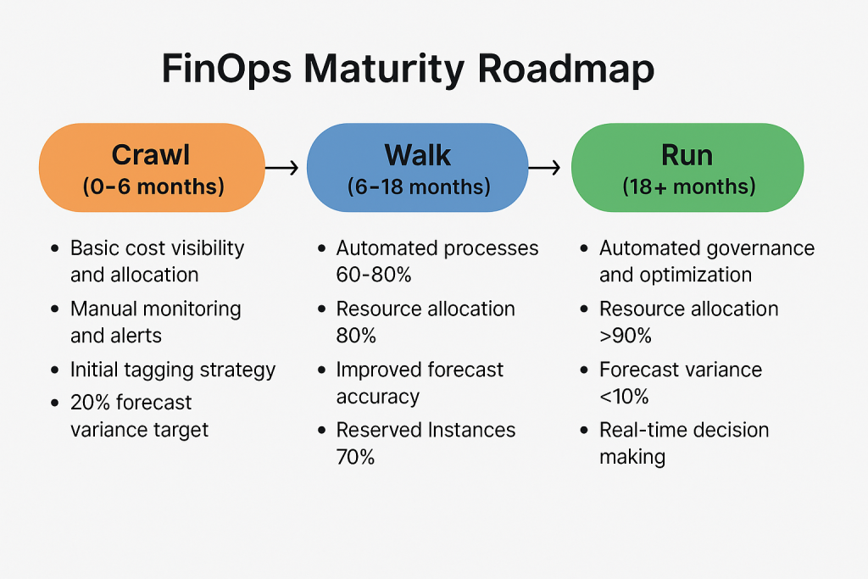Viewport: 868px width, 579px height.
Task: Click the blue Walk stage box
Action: [x=417, y=167]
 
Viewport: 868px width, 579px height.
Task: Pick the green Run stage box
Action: [x=687, y=167]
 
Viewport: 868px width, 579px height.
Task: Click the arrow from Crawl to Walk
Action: [x=281, y=168]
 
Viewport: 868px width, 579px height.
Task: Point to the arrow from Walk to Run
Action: [x=544, y=168]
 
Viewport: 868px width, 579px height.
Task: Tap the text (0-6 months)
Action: [x=153, y=187]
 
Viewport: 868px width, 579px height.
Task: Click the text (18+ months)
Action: [x=688, y=187]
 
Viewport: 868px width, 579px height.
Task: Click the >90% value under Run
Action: [x=626, y=336]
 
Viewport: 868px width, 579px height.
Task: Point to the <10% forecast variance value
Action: [x=626, y=396]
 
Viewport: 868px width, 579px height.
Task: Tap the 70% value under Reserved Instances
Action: [x=356, y=457]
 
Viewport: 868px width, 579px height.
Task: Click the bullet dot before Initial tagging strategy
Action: [x=55, y=370]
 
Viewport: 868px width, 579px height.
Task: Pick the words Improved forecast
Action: [x=420, y=370]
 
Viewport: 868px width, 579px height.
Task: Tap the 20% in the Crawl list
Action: [x=90, y=403]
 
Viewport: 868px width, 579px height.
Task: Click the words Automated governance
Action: [x=706, y=248]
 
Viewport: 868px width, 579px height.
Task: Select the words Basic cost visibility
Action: [x=157, y=248]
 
